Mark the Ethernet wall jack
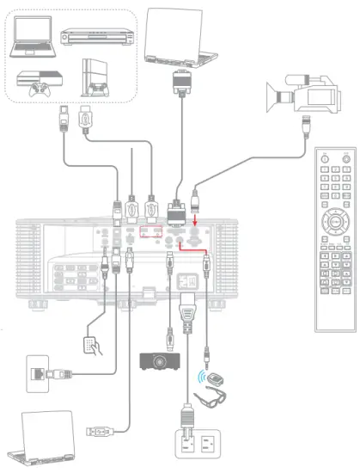tap(40, 374)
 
